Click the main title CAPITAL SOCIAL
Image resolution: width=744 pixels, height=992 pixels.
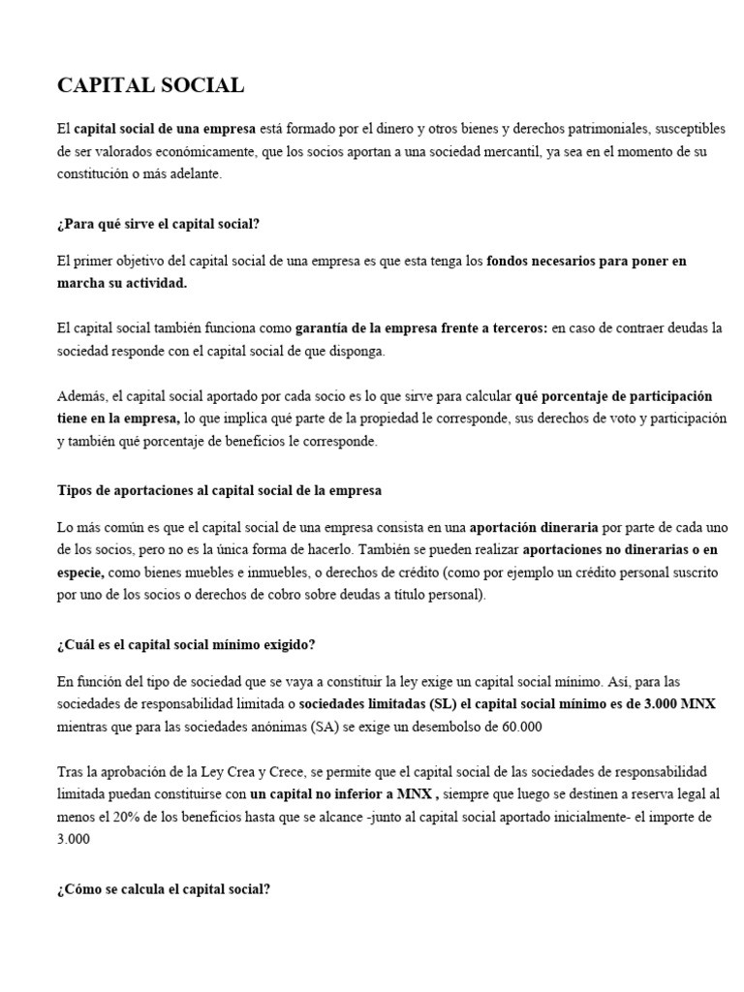151,85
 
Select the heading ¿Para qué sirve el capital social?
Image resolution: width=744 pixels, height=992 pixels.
159,224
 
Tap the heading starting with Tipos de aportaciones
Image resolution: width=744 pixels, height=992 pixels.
220,490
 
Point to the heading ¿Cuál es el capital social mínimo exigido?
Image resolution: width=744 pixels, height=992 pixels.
186,644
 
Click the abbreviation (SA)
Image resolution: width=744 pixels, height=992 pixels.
330,727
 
